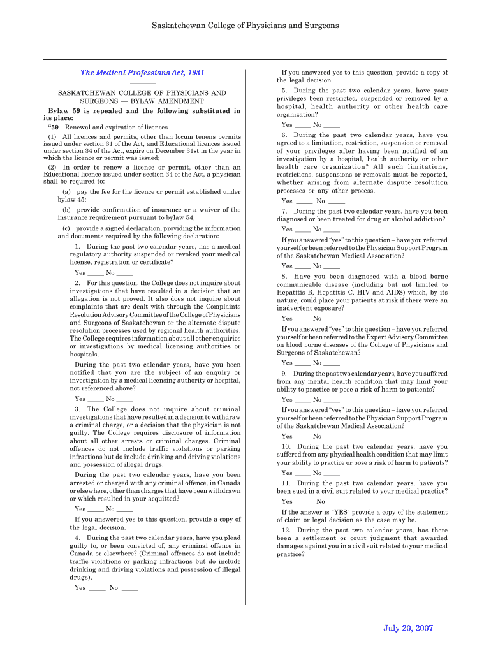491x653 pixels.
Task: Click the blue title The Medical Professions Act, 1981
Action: point(142,73)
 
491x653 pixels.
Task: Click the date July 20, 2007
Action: point(408,628)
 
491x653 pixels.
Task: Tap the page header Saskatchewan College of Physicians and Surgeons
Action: point(245,26)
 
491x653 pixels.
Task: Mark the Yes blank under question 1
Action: point(96,272)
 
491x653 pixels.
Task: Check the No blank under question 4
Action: point(129,587)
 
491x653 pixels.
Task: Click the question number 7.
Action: point(284,210)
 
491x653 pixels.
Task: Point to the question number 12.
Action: point(286,530)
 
